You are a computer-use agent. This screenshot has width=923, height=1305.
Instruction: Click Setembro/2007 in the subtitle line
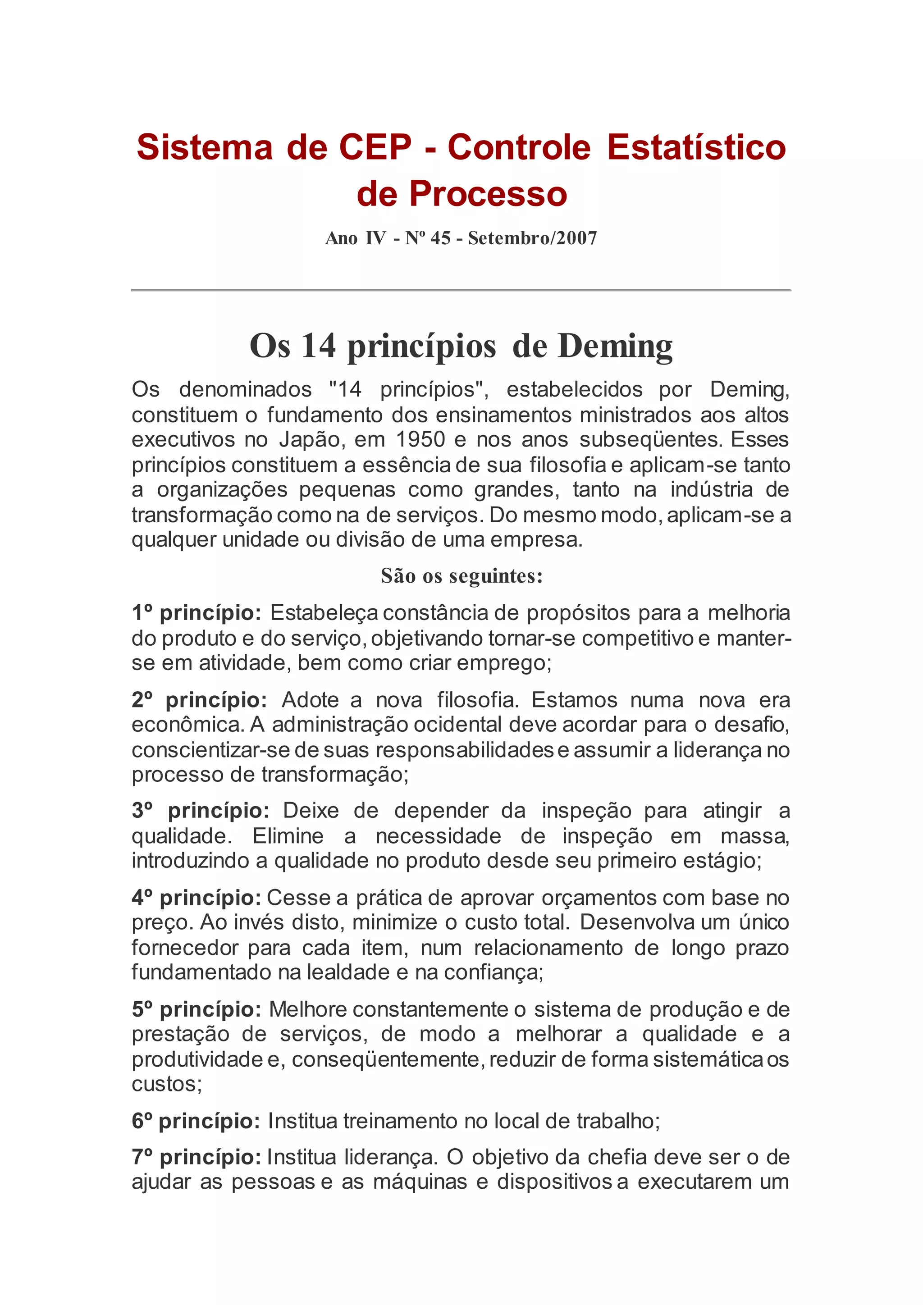tap(533, 237)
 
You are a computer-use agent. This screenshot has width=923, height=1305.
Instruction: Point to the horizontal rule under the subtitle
tap(461, 290)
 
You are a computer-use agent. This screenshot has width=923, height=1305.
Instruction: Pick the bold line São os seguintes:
tap(461, 576)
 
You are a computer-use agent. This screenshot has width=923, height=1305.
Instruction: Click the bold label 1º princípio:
tap(196, 613)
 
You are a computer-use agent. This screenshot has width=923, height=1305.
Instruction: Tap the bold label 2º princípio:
tap(199, 700)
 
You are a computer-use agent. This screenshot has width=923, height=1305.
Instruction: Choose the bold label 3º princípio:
tap(200, 811)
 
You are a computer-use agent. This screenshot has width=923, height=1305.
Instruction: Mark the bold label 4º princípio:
tap(196, 898)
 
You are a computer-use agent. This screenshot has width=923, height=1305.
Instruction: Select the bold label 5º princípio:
tap(196, 1009)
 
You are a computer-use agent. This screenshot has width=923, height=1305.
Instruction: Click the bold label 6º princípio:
tap(196, 1121)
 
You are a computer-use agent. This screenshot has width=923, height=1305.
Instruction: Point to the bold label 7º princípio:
tap(196, 1157)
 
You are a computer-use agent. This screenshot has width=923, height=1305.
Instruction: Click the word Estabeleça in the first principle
tap(324, 613)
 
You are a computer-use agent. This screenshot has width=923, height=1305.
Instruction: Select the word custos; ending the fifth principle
tap(166, 1084)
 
